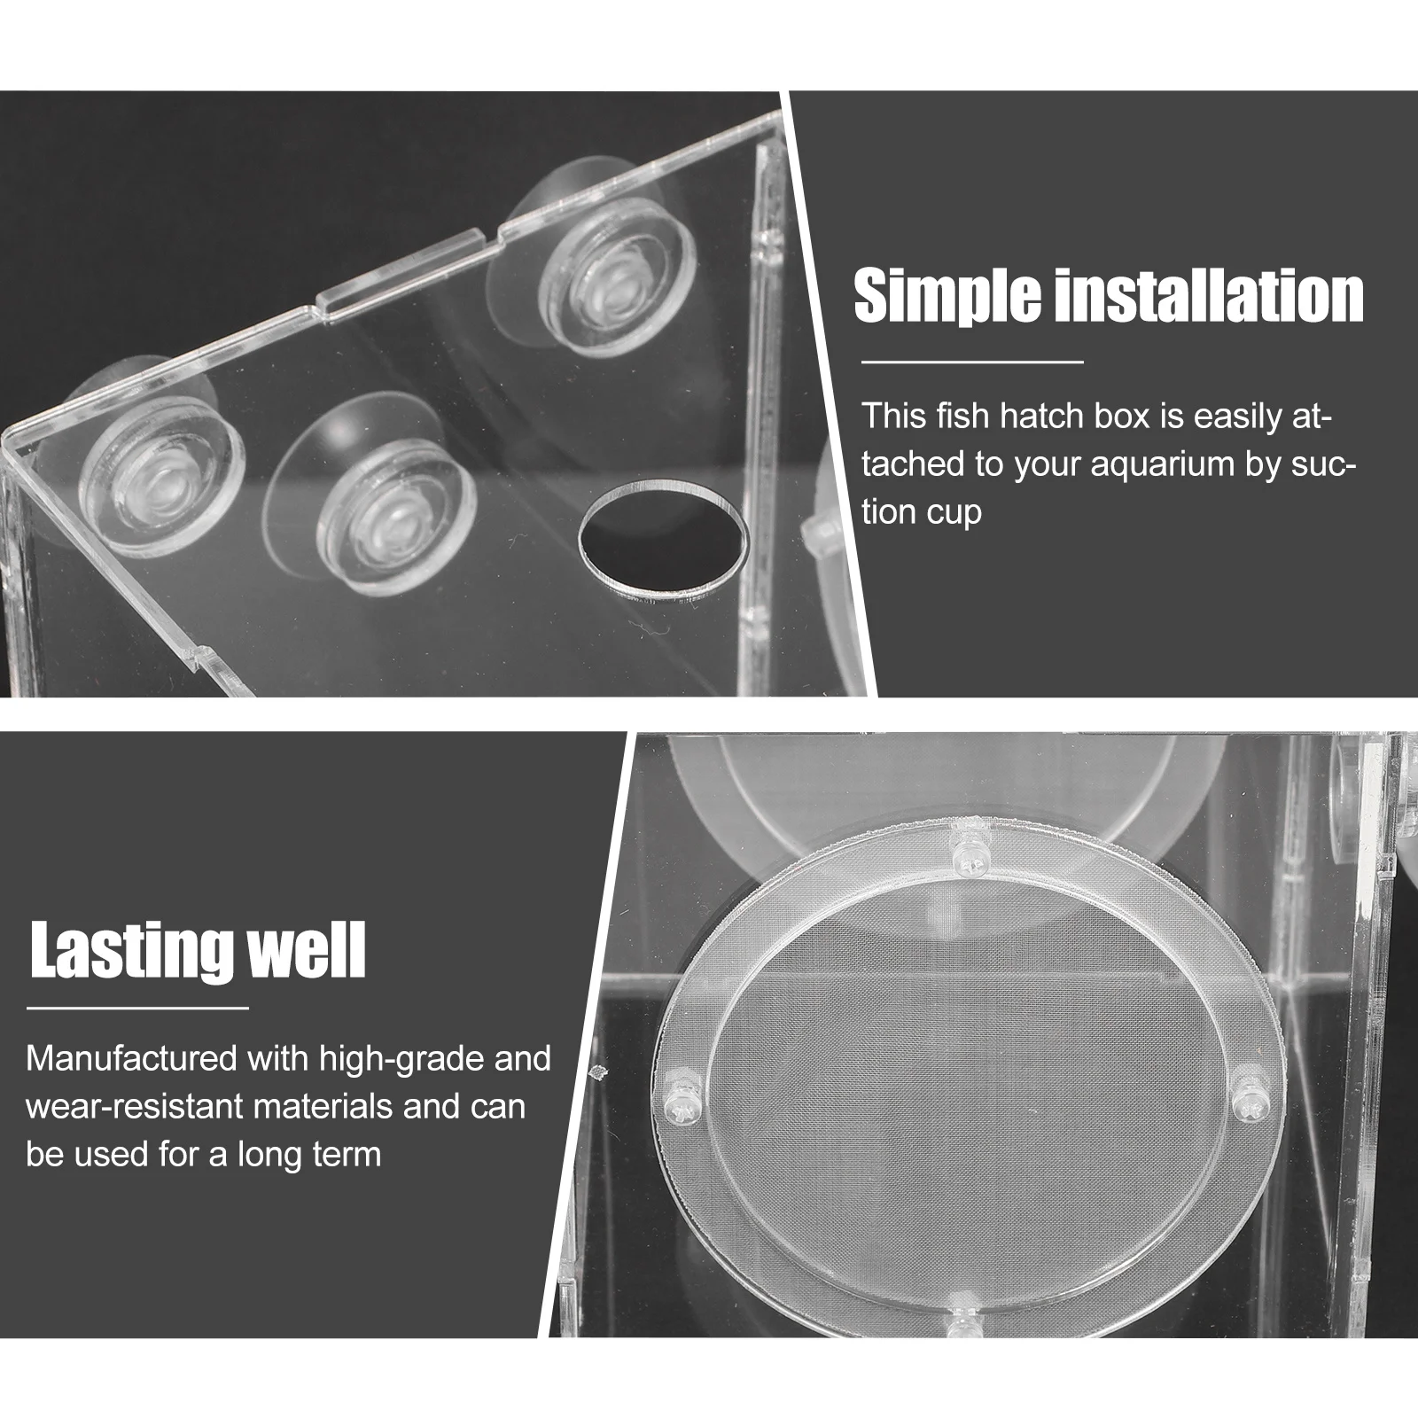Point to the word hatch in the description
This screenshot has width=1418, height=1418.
pos(1040,417)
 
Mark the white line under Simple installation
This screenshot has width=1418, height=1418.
pos(972,362)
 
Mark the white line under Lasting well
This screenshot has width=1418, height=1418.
pos(137,1008)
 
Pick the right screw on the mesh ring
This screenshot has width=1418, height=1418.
pos(1252,1102)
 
